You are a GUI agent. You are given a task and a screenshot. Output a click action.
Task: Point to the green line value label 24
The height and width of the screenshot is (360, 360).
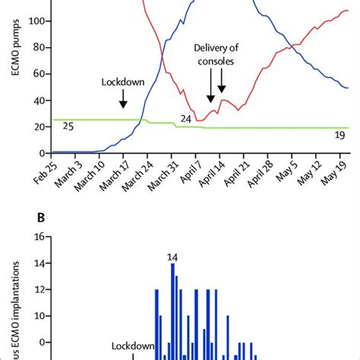tap(186, 118)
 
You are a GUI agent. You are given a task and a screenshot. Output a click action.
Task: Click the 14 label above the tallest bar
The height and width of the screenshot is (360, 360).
tap(172, 257)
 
